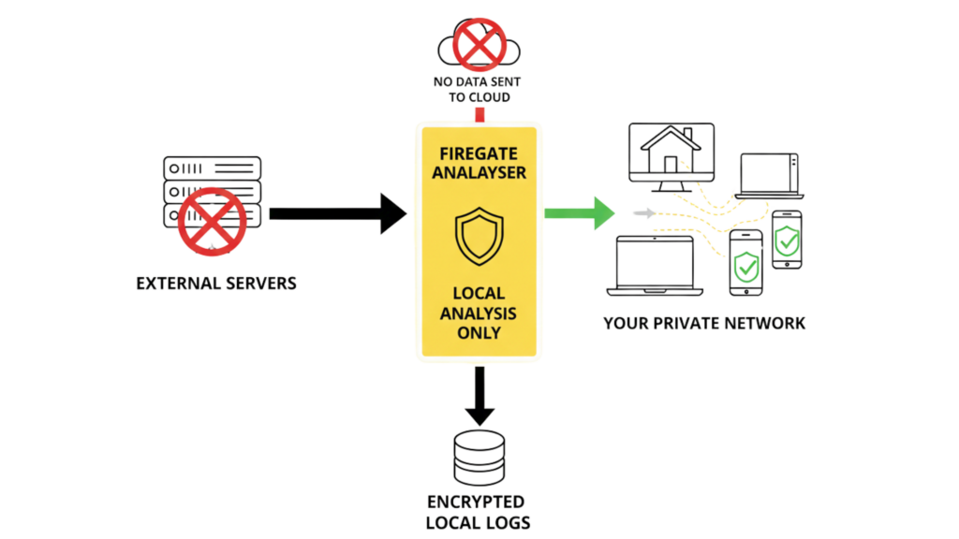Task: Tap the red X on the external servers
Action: click(x=215, y=220)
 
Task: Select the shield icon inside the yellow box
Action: click(x=479, y=236)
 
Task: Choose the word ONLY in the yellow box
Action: click(x=479, y=332)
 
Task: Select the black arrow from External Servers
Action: click(x=337, y=213)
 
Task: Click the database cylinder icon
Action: click(x=479, y=459)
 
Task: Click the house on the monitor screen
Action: click(x=671, y=151)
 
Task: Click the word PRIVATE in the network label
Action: click(x=699, y=324)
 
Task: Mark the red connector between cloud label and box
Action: click(x=479, y=114)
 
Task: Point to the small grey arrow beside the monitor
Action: click(x=644, y=213)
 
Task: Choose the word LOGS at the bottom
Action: click(x=499, y=521)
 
